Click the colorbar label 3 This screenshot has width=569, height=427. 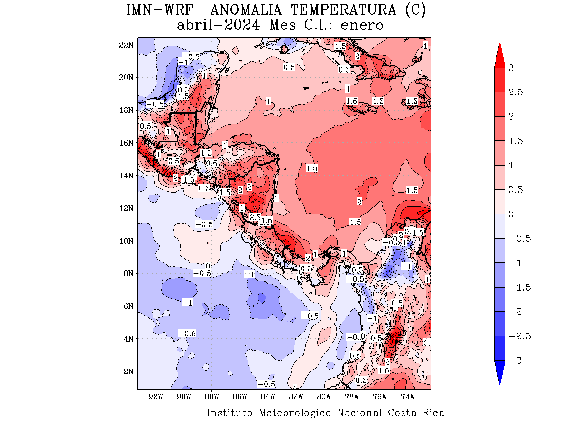click(x=511, y=68)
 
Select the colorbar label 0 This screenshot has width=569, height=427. click(x=511, y=214)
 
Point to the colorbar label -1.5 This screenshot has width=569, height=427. click(x=519, y=288)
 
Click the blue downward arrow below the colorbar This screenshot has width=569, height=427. click(x=500, y=372)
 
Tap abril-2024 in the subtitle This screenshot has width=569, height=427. click(x=218, y=25)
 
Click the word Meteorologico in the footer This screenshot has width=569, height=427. click(x=295, y=413)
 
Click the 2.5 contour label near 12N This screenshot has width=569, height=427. click(x=255, y=217)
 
